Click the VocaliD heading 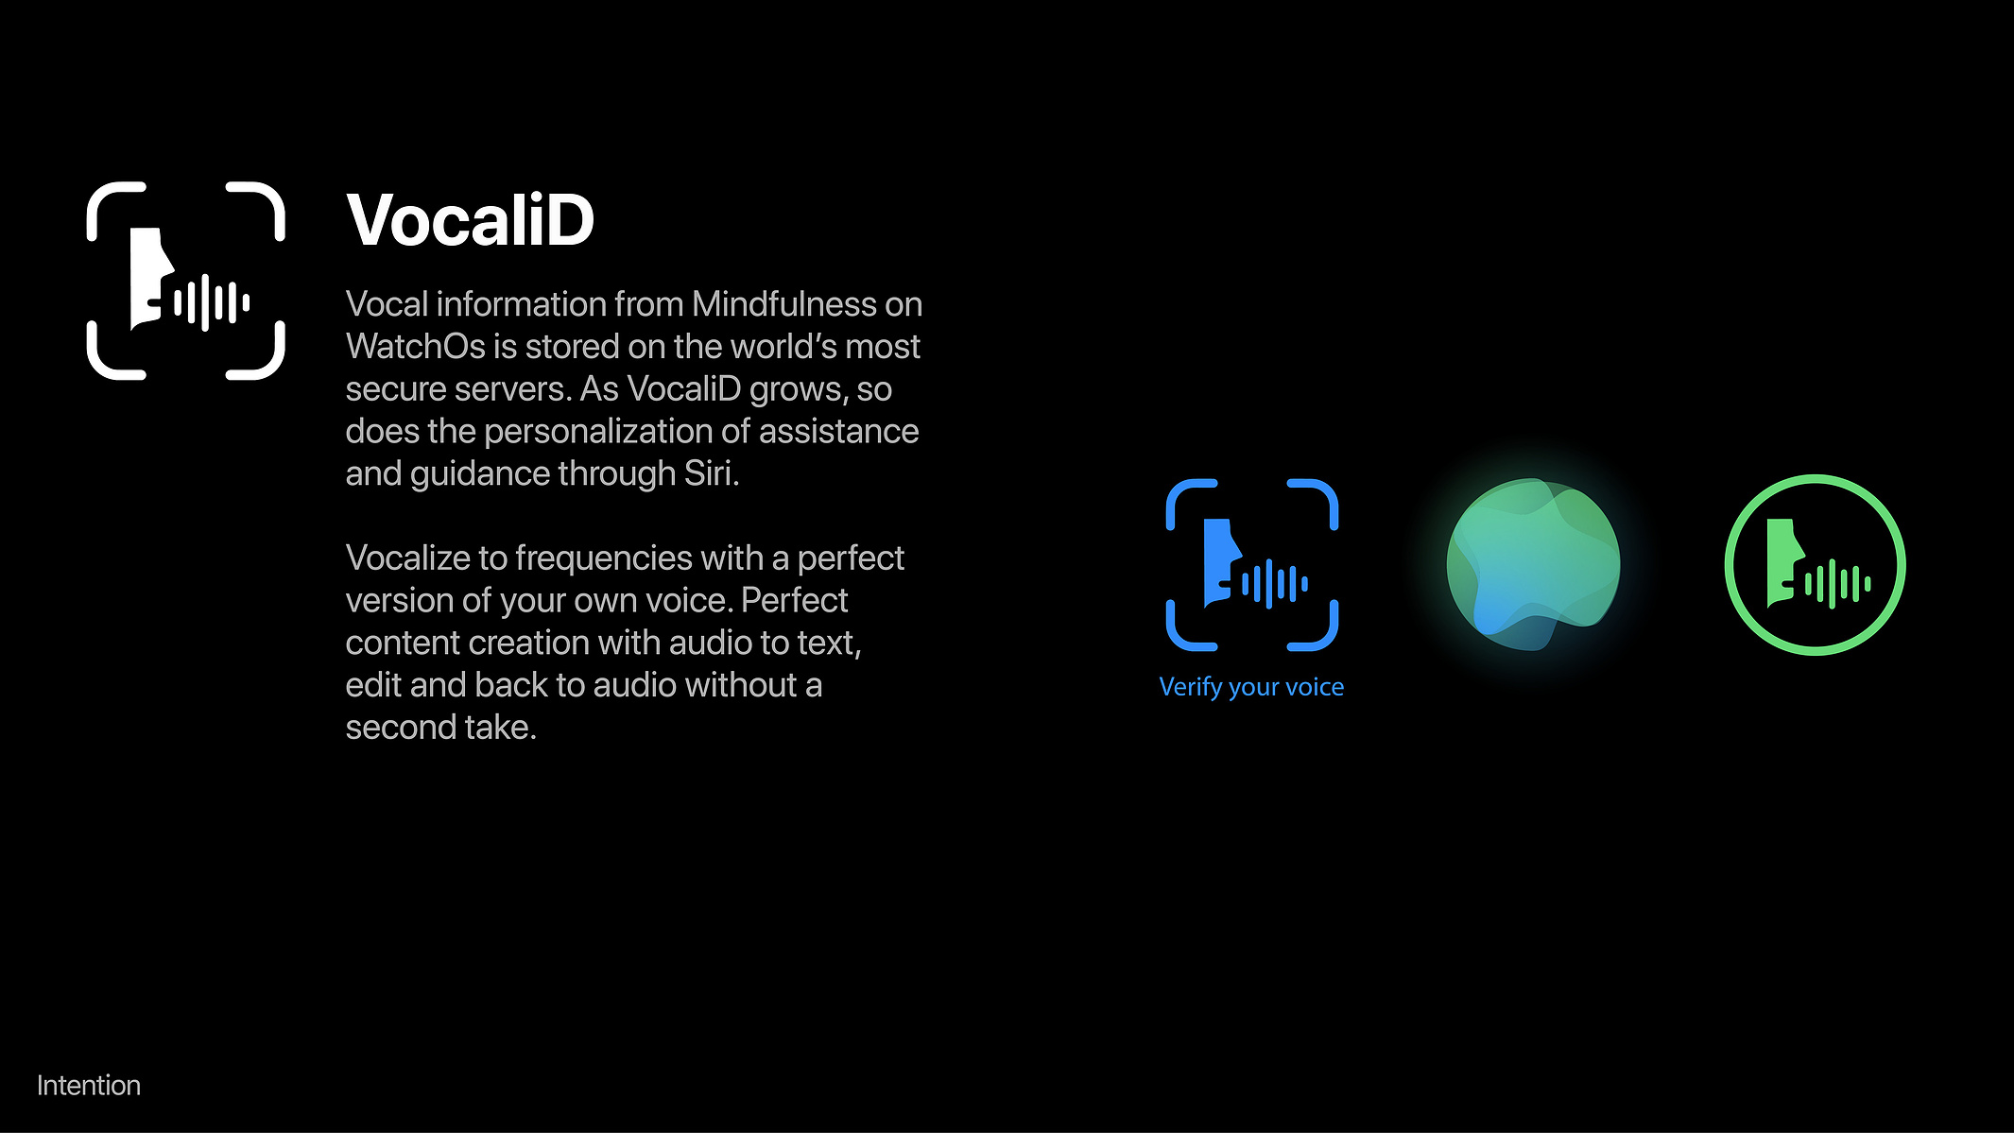click(470, 220)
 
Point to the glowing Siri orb click(1533, 565)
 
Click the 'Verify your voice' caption click(1251, 687)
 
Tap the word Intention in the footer click(89, 1085)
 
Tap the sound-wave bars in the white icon click(213, 303)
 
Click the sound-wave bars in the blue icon click(1275, 583)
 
